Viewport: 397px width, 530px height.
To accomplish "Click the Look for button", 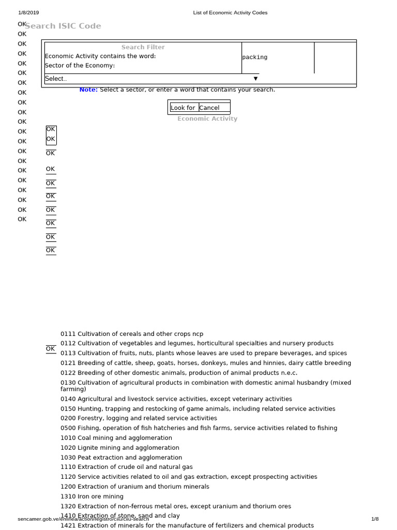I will pyautogui.click(x=183, y=108).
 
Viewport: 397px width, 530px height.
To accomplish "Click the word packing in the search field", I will pyautogui.click(x=255, y=57).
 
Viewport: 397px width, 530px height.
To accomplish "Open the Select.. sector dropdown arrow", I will pyautogui.click(x=255, y=79).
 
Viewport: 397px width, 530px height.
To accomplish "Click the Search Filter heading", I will pyautogui.click(x=143, y=47).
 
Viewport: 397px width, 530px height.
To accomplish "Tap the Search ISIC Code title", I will pyautogui.click(x=63, y=26).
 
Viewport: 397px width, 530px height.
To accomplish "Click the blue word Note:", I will pyautogui.click(x=88, y=90).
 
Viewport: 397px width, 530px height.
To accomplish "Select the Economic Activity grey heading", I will pyautogui.click(x=207, y=119).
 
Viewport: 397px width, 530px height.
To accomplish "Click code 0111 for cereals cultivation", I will pyautogui.click(x=68, y=334).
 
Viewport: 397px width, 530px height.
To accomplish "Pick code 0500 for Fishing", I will pyautogui.click(x=68, y=428).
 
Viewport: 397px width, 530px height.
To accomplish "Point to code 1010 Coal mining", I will pyautogui.click(x=68, y=438).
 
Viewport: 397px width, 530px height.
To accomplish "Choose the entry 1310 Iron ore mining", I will pyautogui.click(x=68, y=496).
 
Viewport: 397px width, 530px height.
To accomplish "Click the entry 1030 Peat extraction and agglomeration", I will pyautogui.click(x=121, y=458).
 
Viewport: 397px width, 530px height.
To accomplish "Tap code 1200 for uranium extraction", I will pyautogui.click(x=68, y=487).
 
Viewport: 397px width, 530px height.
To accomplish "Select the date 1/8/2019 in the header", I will pyautogui.click(x=28, y=12).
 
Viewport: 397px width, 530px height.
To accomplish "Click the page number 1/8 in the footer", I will pyautogui.click(x=375, y=519).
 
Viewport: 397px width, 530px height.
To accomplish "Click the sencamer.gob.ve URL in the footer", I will pyautogui.click(x=83, y=519).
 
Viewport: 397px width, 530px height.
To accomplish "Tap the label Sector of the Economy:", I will pyautogui.click(x=80, y=65).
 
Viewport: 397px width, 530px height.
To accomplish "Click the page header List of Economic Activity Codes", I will pyautogui.click(x=230, y=12).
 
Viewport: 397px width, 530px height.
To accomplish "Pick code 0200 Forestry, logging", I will pyautogui.click(x=68, y=418).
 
